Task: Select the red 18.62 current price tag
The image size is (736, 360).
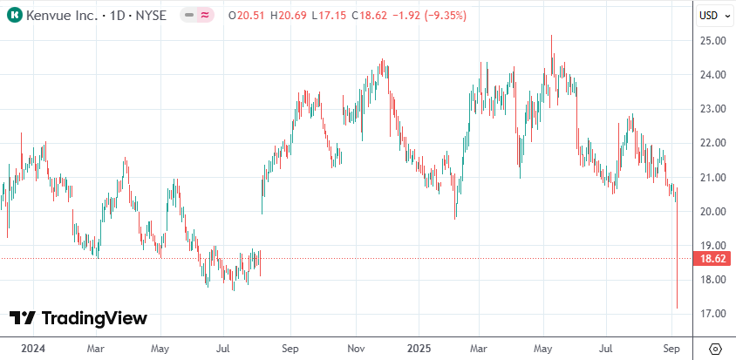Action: [712, 259]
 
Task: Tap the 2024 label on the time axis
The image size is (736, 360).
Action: [32, 347]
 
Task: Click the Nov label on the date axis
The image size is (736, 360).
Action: [355, 347]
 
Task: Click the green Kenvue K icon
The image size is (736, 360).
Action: [15, 15]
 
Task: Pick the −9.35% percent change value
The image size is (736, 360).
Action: [445, 15]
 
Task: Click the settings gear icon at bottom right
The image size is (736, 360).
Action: [714, 348]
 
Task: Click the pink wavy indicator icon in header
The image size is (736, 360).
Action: [205, 15]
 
